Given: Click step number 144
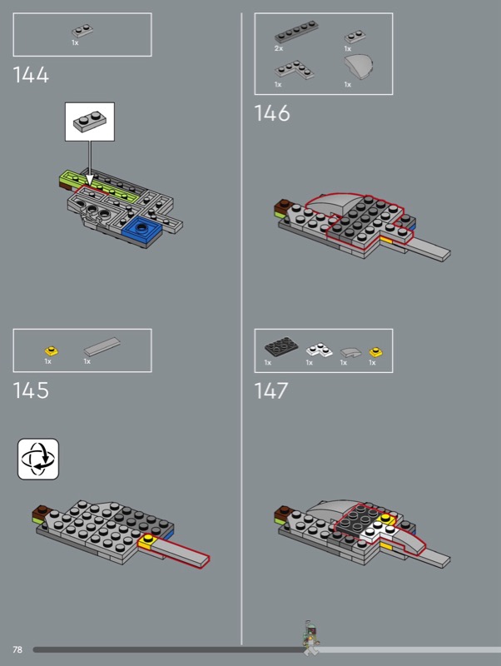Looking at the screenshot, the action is [31, 75].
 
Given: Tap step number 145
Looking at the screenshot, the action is [31, 390].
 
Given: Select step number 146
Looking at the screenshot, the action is [272, 113].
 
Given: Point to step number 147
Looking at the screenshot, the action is [270, 390].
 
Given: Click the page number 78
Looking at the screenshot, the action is [17, 649].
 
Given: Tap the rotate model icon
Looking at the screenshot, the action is [38, 460].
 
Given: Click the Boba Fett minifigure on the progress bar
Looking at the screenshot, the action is [311, 639].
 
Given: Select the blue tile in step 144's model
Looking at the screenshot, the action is [142, 230].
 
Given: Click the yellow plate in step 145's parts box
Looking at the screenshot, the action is [52, 351].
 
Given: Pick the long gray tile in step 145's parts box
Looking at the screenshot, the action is [102, 346].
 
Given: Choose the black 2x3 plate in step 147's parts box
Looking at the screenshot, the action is [281, 346].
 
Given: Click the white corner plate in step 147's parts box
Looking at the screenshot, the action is [320, 350].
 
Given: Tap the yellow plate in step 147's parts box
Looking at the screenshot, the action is [376, 352].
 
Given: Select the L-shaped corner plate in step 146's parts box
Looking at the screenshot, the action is [295, 70].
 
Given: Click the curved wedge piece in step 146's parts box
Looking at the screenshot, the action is [359, 67].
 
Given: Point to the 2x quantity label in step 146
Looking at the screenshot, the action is [279, 48].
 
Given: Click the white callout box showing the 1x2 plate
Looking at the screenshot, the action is [90, 122].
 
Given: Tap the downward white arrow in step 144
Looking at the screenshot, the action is [90, 163].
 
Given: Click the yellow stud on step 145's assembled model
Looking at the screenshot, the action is [148, 539].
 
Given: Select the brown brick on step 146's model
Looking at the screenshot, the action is [281, 206].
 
